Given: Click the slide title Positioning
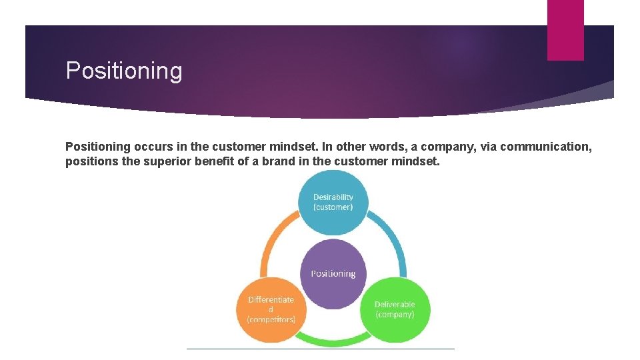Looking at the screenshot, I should point(124,71).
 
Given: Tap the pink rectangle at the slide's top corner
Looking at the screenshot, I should point(565,30).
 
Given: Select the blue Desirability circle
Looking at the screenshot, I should point(333,201).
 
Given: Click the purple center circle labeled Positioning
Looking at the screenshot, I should point(333,273).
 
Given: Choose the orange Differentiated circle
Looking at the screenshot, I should point(271,309).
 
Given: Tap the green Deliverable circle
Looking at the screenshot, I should point(394,309).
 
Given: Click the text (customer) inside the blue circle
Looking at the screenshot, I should point(333,207).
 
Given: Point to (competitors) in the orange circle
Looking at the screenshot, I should point(271,319).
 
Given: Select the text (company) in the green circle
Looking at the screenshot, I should point(394,314).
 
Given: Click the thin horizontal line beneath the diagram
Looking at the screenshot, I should point(320,348).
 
